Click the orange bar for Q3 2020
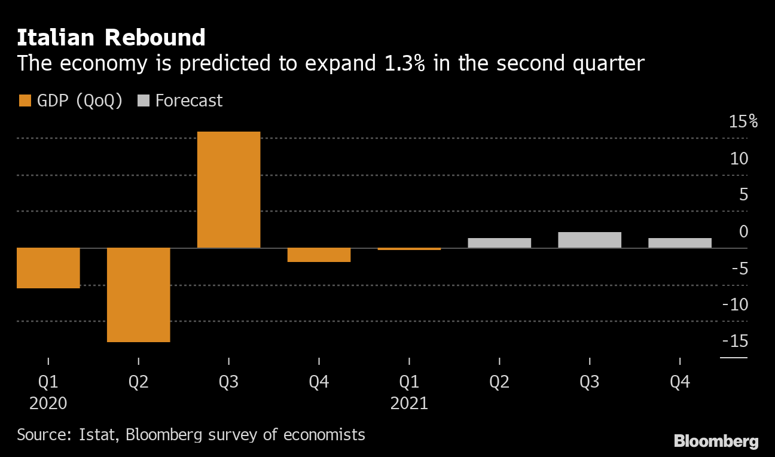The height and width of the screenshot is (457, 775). click(228, 189)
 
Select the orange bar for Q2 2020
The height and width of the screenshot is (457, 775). click(138, 294)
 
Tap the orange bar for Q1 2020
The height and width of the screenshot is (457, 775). click(48, 267)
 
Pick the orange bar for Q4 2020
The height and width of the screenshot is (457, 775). click(319, 255)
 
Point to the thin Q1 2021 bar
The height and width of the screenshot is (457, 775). click(409, 249)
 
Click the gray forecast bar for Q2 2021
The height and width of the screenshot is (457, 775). click(499, 243)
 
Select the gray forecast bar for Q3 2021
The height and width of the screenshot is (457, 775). click(590, 240)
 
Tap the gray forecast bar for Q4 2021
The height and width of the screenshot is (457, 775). click(680, 243)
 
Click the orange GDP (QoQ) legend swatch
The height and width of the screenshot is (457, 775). click(25, 100)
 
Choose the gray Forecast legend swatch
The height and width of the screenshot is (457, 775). click(143, 100)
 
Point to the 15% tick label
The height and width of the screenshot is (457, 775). click(743, 122)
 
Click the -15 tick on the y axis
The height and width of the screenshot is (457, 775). click(736, 341)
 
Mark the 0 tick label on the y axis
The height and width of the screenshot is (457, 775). click(743, 231)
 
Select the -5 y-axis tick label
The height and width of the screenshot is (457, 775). click(739, 268)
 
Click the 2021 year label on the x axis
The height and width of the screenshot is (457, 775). click(409, 403)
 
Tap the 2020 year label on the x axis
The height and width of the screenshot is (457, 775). click(48, 403)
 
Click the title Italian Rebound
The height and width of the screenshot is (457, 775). click(111, 38)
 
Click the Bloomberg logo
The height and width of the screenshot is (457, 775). click(716, 441)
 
